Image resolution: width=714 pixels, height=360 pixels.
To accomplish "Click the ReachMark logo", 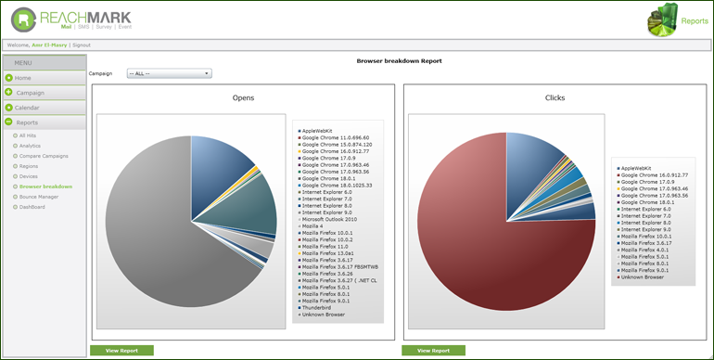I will (71, 19).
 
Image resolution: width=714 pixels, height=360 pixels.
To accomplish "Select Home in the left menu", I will (23, 78).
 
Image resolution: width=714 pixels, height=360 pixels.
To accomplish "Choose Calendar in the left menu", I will (27, 108).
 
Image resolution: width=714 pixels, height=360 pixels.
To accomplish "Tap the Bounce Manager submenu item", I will (39, 197).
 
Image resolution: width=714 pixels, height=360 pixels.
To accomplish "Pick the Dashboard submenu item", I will (32, 207).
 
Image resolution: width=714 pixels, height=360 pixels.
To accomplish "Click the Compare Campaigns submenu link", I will (44, 156).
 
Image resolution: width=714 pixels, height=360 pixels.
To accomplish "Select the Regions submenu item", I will (30, 166).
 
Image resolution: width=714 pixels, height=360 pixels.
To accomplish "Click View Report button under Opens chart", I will (121, 351).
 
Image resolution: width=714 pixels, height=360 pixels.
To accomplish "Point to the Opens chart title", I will (243, 97).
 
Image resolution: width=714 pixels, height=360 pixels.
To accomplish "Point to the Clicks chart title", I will (555, 97).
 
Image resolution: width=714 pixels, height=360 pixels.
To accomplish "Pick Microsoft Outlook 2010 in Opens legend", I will (330, 218).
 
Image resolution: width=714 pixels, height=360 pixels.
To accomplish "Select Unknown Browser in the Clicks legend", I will (643, 276).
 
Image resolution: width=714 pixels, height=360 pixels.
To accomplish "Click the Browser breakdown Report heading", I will (400, 60).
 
